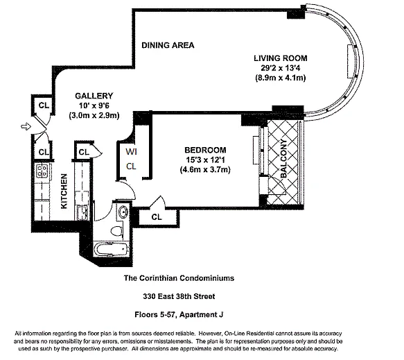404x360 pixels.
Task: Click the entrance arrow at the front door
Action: tap(26, 127)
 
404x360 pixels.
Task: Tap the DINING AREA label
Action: tap(168, 45)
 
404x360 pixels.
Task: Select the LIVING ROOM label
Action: tap(281, 58)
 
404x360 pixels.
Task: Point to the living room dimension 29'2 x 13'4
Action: tap(281, 68)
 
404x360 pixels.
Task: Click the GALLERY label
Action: tap(94, 96)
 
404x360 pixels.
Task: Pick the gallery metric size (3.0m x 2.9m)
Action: tap(94, 115)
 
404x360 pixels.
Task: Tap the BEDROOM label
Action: tap(205, 150)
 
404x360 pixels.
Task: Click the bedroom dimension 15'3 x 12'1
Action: tap(205, 160)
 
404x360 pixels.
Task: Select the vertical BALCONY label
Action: tap(283, 158)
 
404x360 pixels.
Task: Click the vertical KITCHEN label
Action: tap(64, 191)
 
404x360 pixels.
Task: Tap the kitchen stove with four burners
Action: tap(42, 171)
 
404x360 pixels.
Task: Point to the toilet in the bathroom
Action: tap(116, 230)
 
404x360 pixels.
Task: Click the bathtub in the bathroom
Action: tap(112, 250)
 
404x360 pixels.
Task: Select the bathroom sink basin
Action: tap(123, 212)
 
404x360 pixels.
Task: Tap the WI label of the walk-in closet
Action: tap(131, 152)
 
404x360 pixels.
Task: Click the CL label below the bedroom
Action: tap(157, 217)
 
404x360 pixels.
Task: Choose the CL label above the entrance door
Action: tap(44, 105)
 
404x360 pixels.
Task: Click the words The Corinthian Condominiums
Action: tap(179, 278)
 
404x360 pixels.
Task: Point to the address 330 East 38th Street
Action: tap(179, 297)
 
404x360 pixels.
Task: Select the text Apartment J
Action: tap(201, 315)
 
